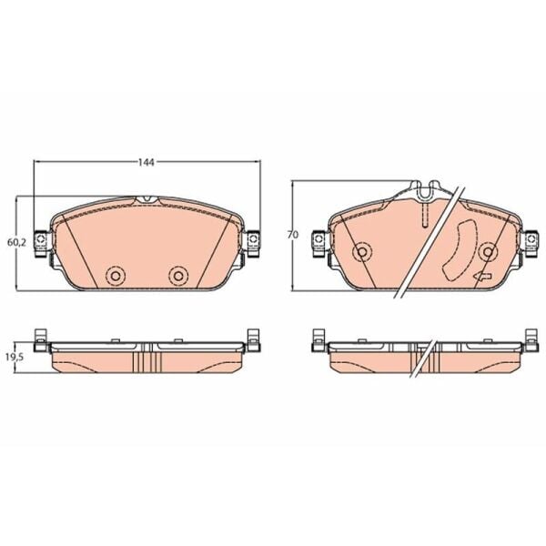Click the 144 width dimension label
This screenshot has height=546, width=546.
click(x=147, y=162)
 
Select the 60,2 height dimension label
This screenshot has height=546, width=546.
click(x=16, y=242)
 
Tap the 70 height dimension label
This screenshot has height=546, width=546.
click(x=293, y=235)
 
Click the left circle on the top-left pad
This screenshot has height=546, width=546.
click(x=115, y=276)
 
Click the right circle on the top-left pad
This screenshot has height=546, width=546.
click(x=178, y=276)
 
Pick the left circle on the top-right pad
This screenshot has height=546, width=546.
click(x=362, y=251)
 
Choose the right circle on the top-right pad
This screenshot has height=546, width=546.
click(x=488, y=251)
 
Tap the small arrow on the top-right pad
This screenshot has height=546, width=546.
click(x=482, y=277)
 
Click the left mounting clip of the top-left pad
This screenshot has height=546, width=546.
click(x=41, y=243)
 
